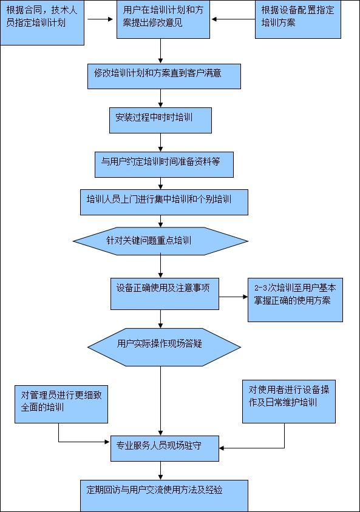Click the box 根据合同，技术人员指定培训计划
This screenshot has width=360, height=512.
(x=42, y=22)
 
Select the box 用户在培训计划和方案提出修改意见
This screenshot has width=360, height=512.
(x=163, y=19)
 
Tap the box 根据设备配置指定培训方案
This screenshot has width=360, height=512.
(x=298, y=19)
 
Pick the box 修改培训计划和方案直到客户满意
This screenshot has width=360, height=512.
(x=164, y=76)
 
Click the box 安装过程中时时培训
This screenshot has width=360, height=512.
(x=160, y=120)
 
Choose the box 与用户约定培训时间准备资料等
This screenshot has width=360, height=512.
(x=164, y=164)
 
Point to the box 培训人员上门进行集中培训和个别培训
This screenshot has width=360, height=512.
(x=164, y=202)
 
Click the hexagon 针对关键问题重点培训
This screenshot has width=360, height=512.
(x=160, y=241)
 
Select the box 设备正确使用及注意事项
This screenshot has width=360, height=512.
(x=165, y=294)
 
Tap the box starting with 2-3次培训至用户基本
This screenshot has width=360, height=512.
(x=295, y=300)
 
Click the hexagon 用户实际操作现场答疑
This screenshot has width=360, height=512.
(x=164, y=347)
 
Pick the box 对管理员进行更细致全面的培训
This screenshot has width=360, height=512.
(x=61, y=404)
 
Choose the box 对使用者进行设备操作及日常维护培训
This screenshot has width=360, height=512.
(x=289, y=402)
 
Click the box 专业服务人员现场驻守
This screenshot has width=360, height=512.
(x=165, y=448)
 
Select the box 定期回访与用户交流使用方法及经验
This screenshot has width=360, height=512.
(x=164, y=496)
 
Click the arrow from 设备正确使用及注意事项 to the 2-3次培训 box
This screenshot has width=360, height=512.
(x=233, y=297)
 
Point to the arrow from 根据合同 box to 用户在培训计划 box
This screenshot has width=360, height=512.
(x=100, y=19)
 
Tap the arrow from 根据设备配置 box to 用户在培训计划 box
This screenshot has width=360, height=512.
(x=234, y=19)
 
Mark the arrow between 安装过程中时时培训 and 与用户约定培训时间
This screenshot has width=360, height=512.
(x=160, y=143)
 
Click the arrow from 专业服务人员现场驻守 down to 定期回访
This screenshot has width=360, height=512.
(x=160, y=471)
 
